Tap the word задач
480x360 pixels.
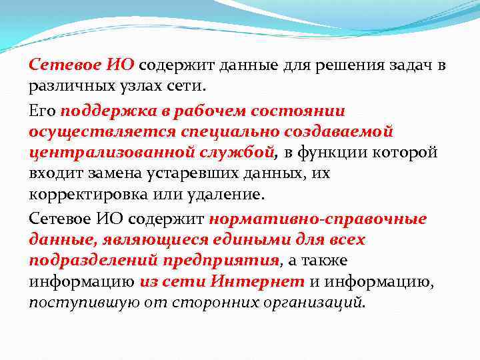(x=411, y=65)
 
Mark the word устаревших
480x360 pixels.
(x=183, y=174)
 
